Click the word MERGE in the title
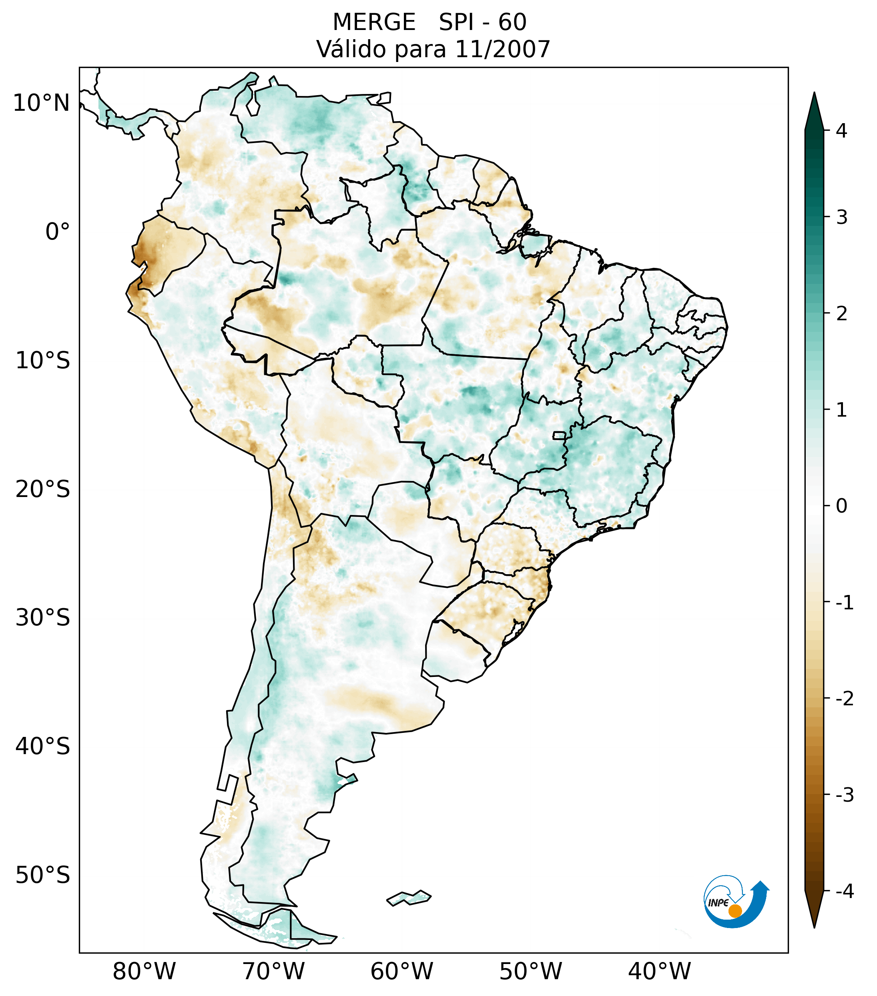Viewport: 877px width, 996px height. click(x=373, y=22)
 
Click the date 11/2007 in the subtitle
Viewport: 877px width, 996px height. click(x=502, y=49)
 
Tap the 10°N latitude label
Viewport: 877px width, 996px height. click(x=41, y=103)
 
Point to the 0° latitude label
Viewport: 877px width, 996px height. click(x=57, y=232)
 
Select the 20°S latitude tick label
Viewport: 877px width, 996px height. click(x=43, y=489)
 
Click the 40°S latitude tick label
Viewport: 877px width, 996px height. click(x=43, y=747)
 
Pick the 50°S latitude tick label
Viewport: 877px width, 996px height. click(x=43, y=876)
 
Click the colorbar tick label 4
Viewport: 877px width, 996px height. click(x=841, y=131)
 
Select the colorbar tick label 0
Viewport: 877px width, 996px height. click(x=841, y=506)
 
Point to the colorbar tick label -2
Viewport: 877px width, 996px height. click(x=844, y=699)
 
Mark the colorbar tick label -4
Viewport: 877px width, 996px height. click(x=844, y=891)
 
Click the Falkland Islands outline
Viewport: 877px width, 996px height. click(x=409, y=897)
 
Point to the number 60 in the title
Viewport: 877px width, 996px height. click(x=512, y=22)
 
